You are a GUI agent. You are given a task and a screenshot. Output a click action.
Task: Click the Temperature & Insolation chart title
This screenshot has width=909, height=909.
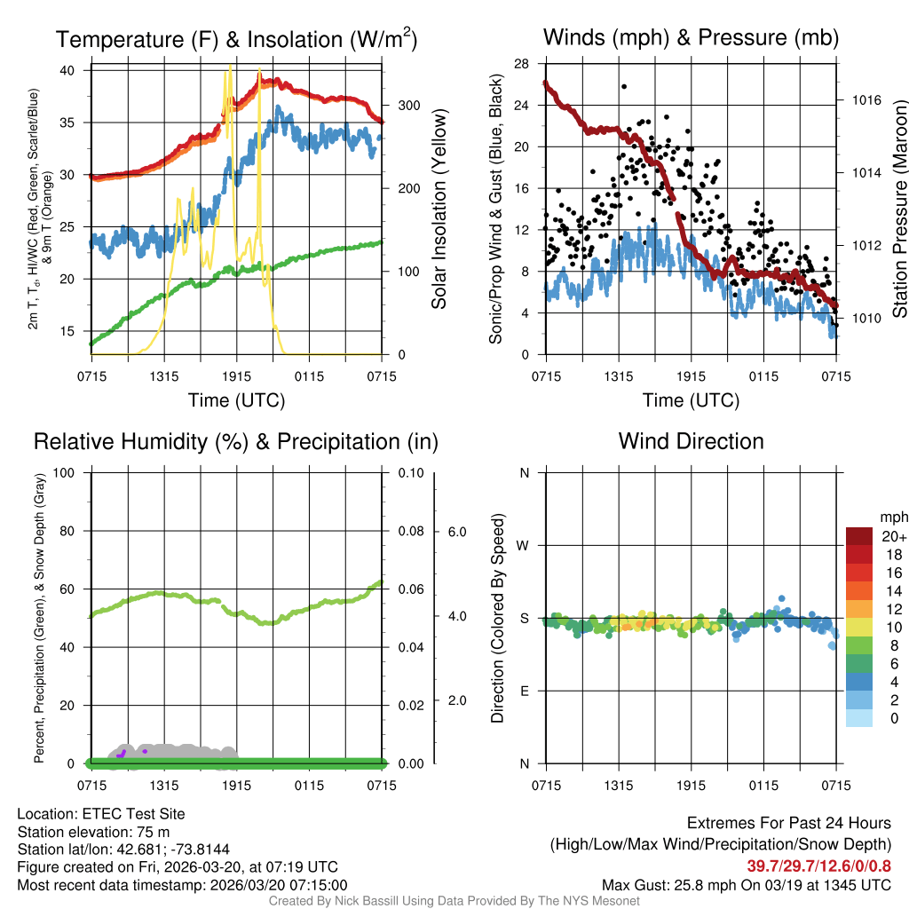click(x=236, y=39)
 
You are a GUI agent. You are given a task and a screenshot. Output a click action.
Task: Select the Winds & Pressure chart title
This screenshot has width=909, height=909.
click(x=691, y=37)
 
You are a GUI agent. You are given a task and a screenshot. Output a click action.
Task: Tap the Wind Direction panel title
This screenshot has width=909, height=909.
click(x=691, y=441)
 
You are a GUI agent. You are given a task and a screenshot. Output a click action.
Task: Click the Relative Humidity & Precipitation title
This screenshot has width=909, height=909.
click(x=236, y=441)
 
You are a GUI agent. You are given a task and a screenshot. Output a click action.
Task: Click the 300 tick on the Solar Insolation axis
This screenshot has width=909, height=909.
click(x=397, y=105)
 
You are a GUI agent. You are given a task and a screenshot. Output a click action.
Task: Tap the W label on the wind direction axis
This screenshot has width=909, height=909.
click(x=524, y=545)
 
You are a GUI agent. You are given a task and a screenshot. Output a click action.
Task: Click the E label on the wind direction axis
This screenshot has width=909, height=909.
click(x=524, y=691)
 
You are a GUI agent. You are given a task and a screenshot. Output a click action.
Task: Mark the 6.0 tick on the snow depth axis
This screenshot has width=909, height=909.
click(x=456, y=532)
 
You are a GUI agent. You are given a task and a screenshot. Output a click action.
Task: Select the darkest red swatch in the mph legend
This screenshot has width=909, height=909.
click(x=859, y=536)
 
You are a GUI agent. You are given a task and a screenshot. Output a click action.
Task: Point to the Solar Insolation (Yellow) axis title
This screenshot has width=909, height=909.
click(x=439, y=209)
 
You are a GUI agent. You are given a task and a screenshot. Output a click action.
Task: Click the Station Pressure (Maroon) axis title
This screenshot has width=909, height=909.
click(x=899, y=209)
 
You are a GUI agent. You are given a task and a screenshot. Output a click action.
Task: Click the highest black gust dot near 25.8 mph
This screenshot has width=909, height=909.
click(x=625, y=86)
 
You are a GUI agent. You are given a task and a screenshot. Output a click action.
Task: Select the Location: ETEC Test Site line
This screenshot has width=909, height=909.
click(x=101, y=814)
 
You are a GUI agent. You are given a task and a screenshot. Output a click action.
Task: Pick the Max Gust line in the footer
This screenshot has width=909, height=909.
click(x=747, y=885)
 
